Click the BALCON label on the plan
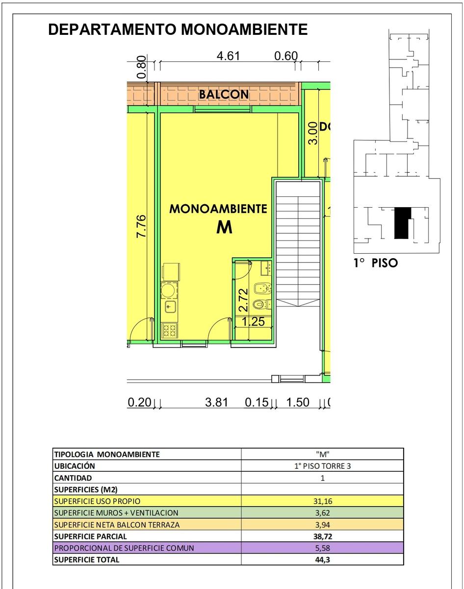tap(224, 94)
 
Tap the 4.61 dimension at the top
tap(228, 56)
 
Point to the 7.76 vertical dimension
tap(141, 226)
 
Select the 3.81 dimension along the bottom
tap(216, 402)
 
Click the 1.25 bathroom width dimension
tap(254, 321)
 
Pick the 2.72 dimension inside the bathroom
tap(243, 300)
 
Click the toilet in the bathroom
tap(262, 304)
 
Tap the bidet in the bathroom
tap(262, 289)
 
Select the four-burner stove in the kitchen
tap(169, 330)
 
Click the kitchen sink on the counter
tap(169, 307)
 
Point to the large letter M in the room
tap(224, 227)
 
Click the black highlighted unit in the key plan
tap(402, 223)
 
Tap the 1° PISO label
tap(376, 263)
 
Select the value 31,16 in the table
tap(323, 501)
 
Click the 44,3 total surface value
tap(323, 560)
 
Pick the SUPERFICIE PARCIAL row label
tap(90, 536)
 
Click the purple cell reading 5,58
tap(323, 548)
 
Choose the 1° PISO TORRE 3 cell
tap(323, 466)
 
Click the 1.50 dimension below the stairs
tap(298, 402)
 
